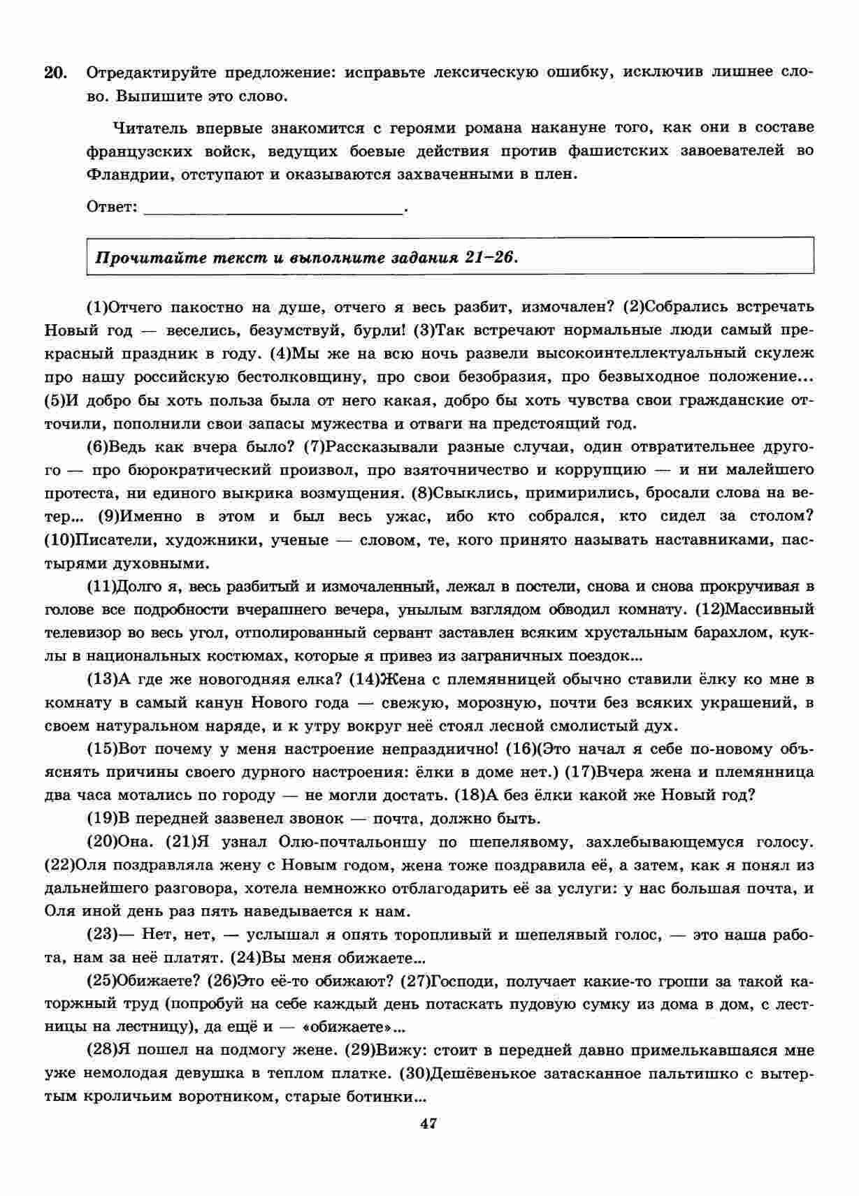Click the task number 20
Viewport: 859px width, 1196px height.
55,73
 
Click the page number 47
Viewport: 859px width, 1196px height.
428,1142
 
